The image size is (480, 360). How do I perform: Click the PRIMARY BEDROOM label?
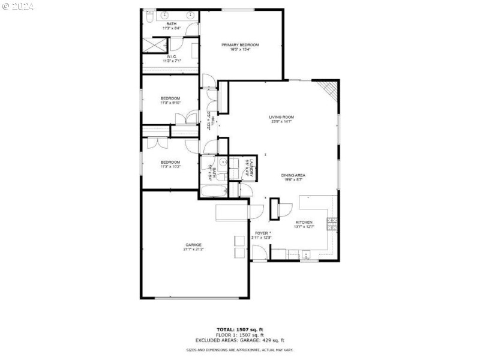tap(240, 45)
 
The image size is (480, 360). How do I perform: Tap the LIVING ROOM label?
tap(281, 117)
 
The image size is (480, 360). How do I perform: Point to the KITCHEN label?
tap(304, 222)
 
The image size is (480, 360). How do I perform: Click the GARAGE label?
tap(193, 245)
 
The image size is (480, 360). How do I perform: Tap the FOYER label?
tap(262, 233)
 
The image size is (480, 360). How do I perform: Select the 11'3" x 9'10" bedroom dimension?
tap(170, 103)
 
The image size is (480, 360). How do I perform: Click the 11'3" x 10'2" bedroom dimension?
tap(170, 166)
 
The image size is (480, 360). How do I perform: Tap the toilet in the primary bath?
tap(149, 18)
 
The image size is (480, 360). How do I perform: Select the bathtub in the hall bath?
tap(213, 192)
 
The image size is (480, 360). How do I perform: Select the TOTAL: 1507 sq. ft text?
tap(239, 329)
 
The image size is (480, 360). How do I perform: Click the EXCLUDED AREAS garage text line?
tap(239, 340)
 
